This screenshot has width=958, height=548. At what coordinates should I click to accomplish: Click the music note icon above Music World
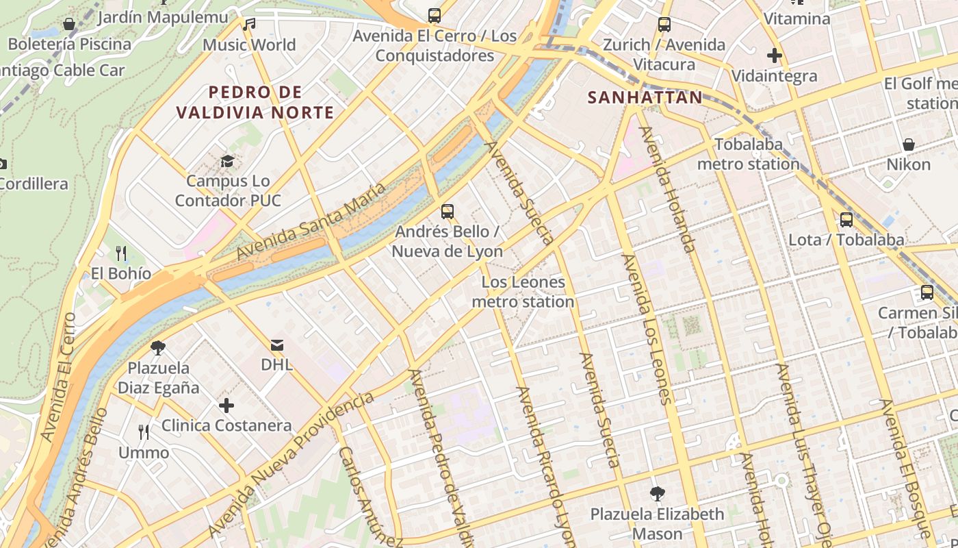[x=249, y=25]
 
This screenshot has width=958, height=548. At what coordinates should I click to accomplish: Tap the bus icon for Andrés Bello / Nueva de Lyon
[x=448, y=212]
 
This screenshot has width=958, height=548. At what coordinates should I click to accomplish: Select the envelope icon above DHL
[x=277, y=345]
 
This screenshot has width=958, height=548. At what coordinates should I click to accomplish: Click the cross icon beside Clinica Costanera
[x=226, y=406]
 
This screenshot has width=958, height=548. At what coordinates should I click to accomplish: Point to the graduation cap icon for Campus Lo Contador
[x=227, y=161]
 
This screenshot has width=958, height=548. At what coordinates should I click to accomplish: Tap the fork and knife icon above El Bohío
[x=121, y=253]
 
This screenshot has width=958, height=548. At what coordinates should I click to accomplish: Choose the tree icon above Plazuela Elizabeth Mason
[x=657, y=493]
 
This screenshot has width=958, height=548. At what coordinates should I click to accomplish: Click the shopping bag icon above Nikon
[x=909, y=145]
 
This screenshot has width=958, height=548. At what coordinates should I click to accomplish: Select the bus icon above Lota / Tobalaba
[x=846, y=220]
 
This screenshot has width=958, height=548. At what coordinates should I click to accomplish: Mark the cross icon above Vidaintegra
[x=775, y=55]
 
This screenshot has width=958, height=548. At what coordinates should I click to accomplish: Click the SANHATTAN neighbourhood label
[x=645, y=97]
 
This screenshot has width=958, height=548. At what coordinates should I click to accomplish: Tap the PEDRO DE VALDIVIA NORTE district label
[x=255, y=102]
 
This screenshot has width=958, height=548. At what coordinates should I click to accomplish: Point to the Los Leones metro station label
[x=523, y=292]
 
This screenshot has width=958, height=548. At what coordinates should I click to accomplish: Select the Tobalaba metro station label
[x=748, y=154]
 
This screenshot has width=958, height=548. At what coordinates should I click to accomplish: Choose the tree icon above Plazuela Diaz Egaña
[x=158, y=347]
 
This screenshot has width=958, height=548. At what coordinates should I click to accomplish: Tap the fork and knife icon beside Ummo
[x=144, y=432]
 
